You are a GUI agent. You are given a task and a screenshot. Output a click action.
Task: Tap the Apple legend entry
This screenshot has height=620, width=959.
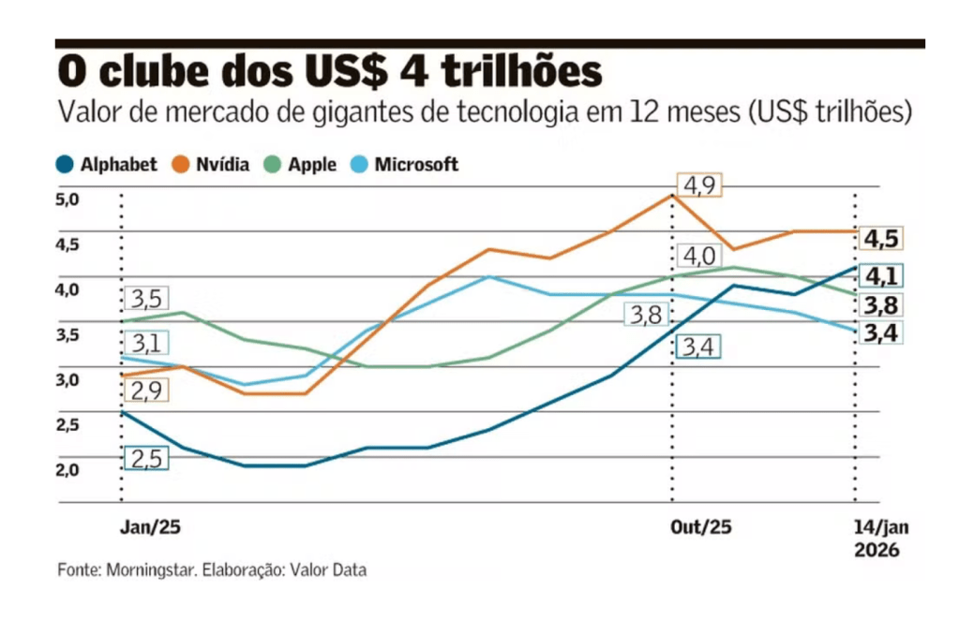301,165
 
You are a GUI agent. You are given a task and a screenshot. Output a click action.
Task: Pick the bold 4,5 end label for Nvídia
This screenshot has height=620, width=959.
881,239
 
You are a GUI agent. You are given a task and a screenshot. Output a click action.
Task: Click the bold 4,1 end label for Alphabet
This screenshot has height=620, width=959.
881,277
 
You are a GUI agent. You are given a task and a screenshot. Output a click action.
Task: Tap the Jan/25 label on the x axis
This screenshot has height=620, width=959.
150,527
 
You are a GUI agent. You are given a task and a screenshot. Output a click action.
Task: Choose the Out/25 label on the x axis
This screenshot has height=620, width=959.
700,527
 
